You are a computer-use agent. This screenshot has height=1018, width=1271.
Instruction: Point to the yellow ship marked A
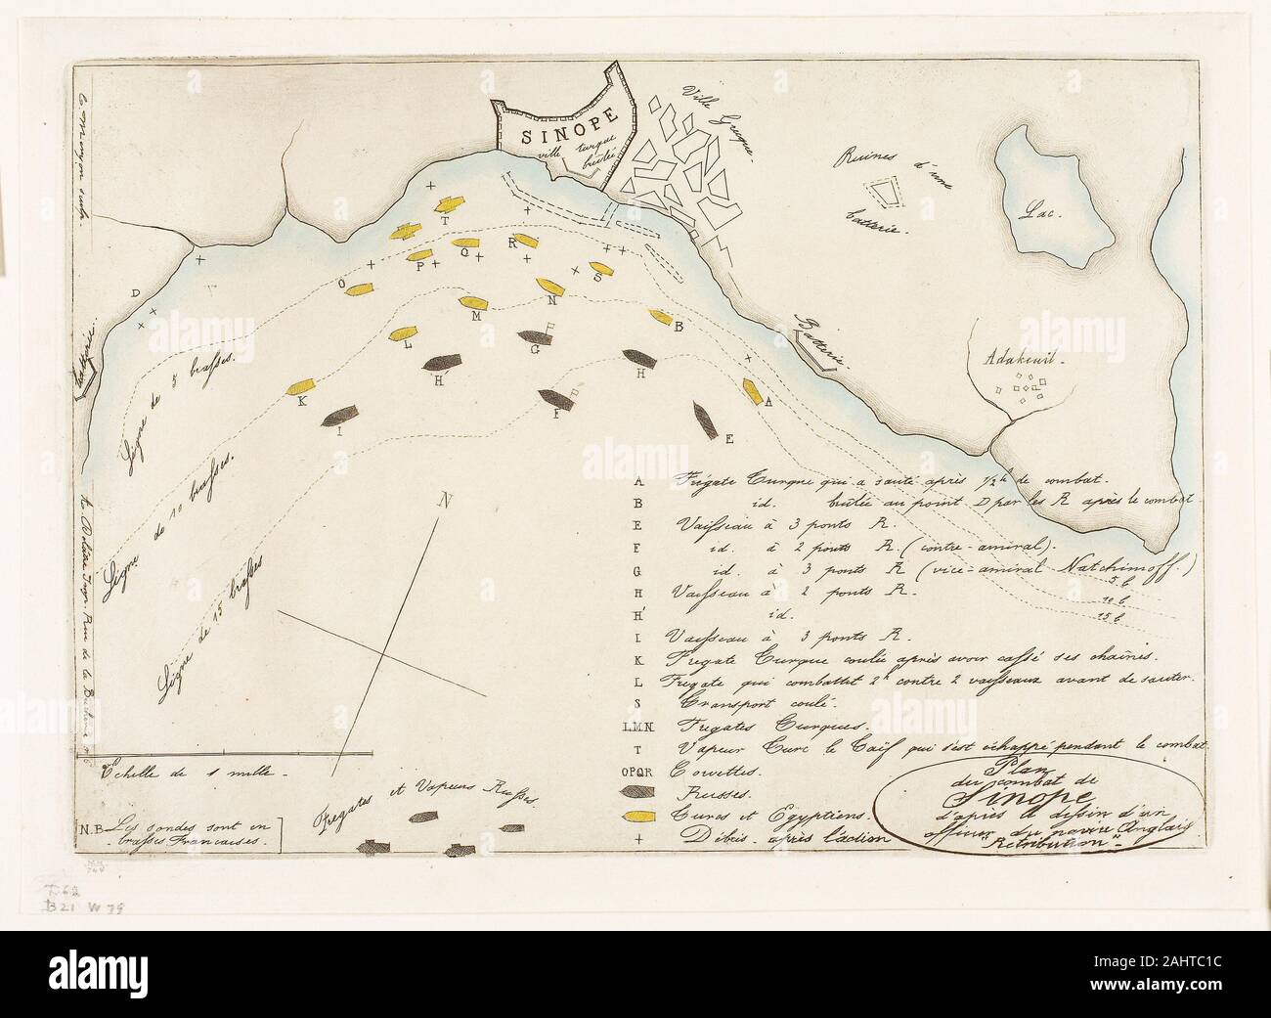(x=753, y=391)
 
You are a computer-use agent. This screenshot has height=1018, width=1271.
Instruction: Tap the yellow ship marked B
(x=662, y=317)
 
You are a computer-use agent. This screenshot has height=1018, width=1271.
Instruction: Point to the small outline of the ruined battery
(x=886, y=192)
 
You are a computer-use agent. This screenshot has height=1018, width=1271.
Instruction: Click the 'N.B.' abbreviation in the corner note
(x=91, y=824)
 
